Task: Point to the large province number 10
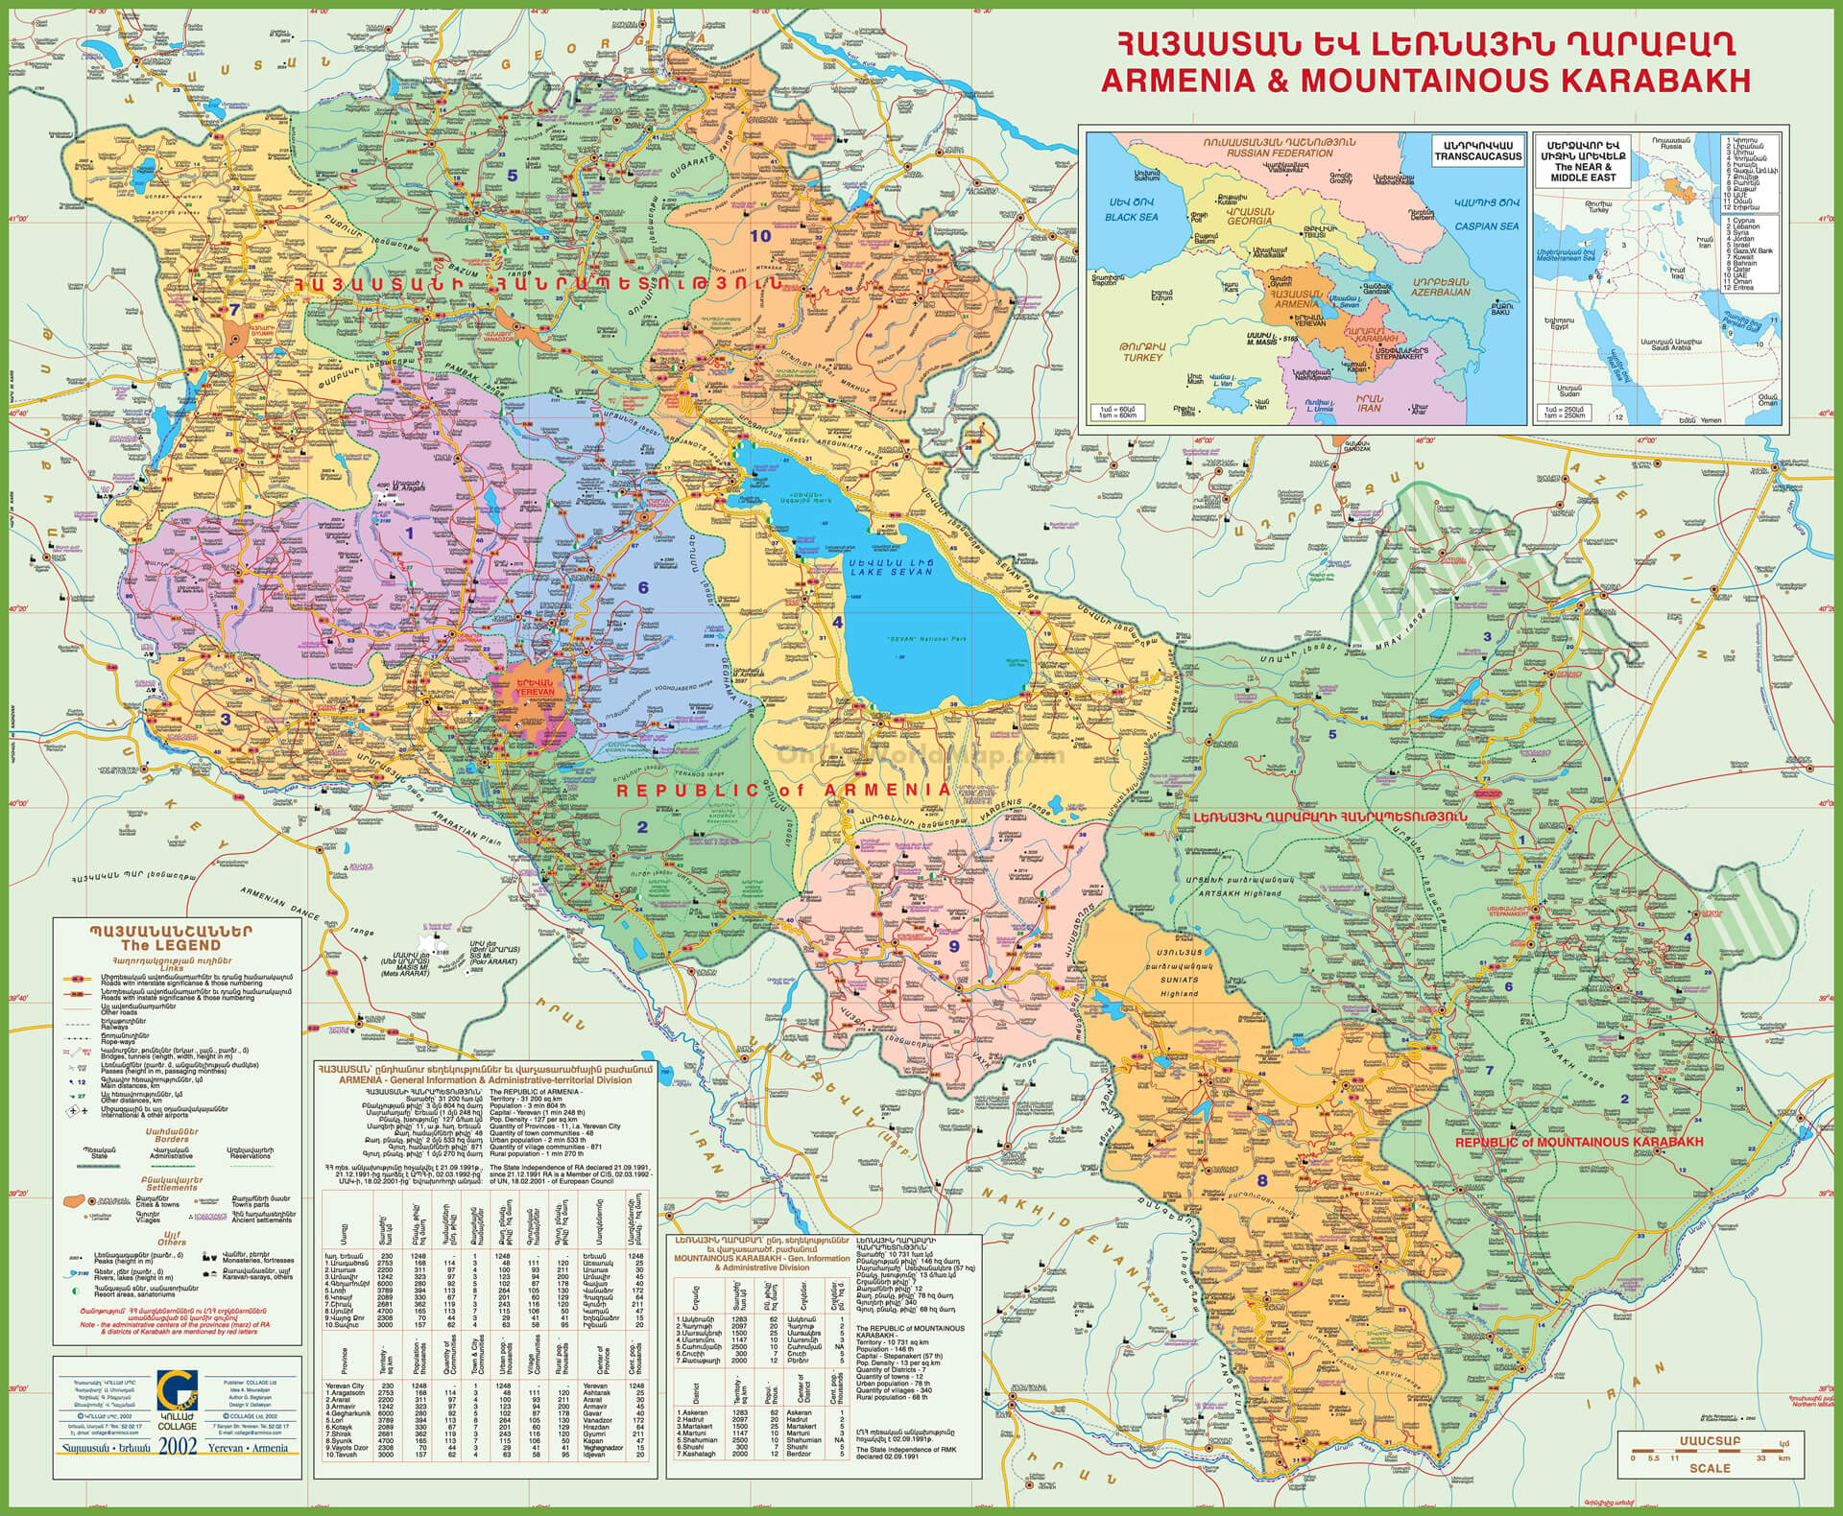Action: [x=761, y=235]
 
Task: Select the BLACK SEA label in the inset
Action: [x=1132, y=218]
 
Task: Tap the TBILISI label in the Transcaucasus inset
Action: [x=1316, y=236]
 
